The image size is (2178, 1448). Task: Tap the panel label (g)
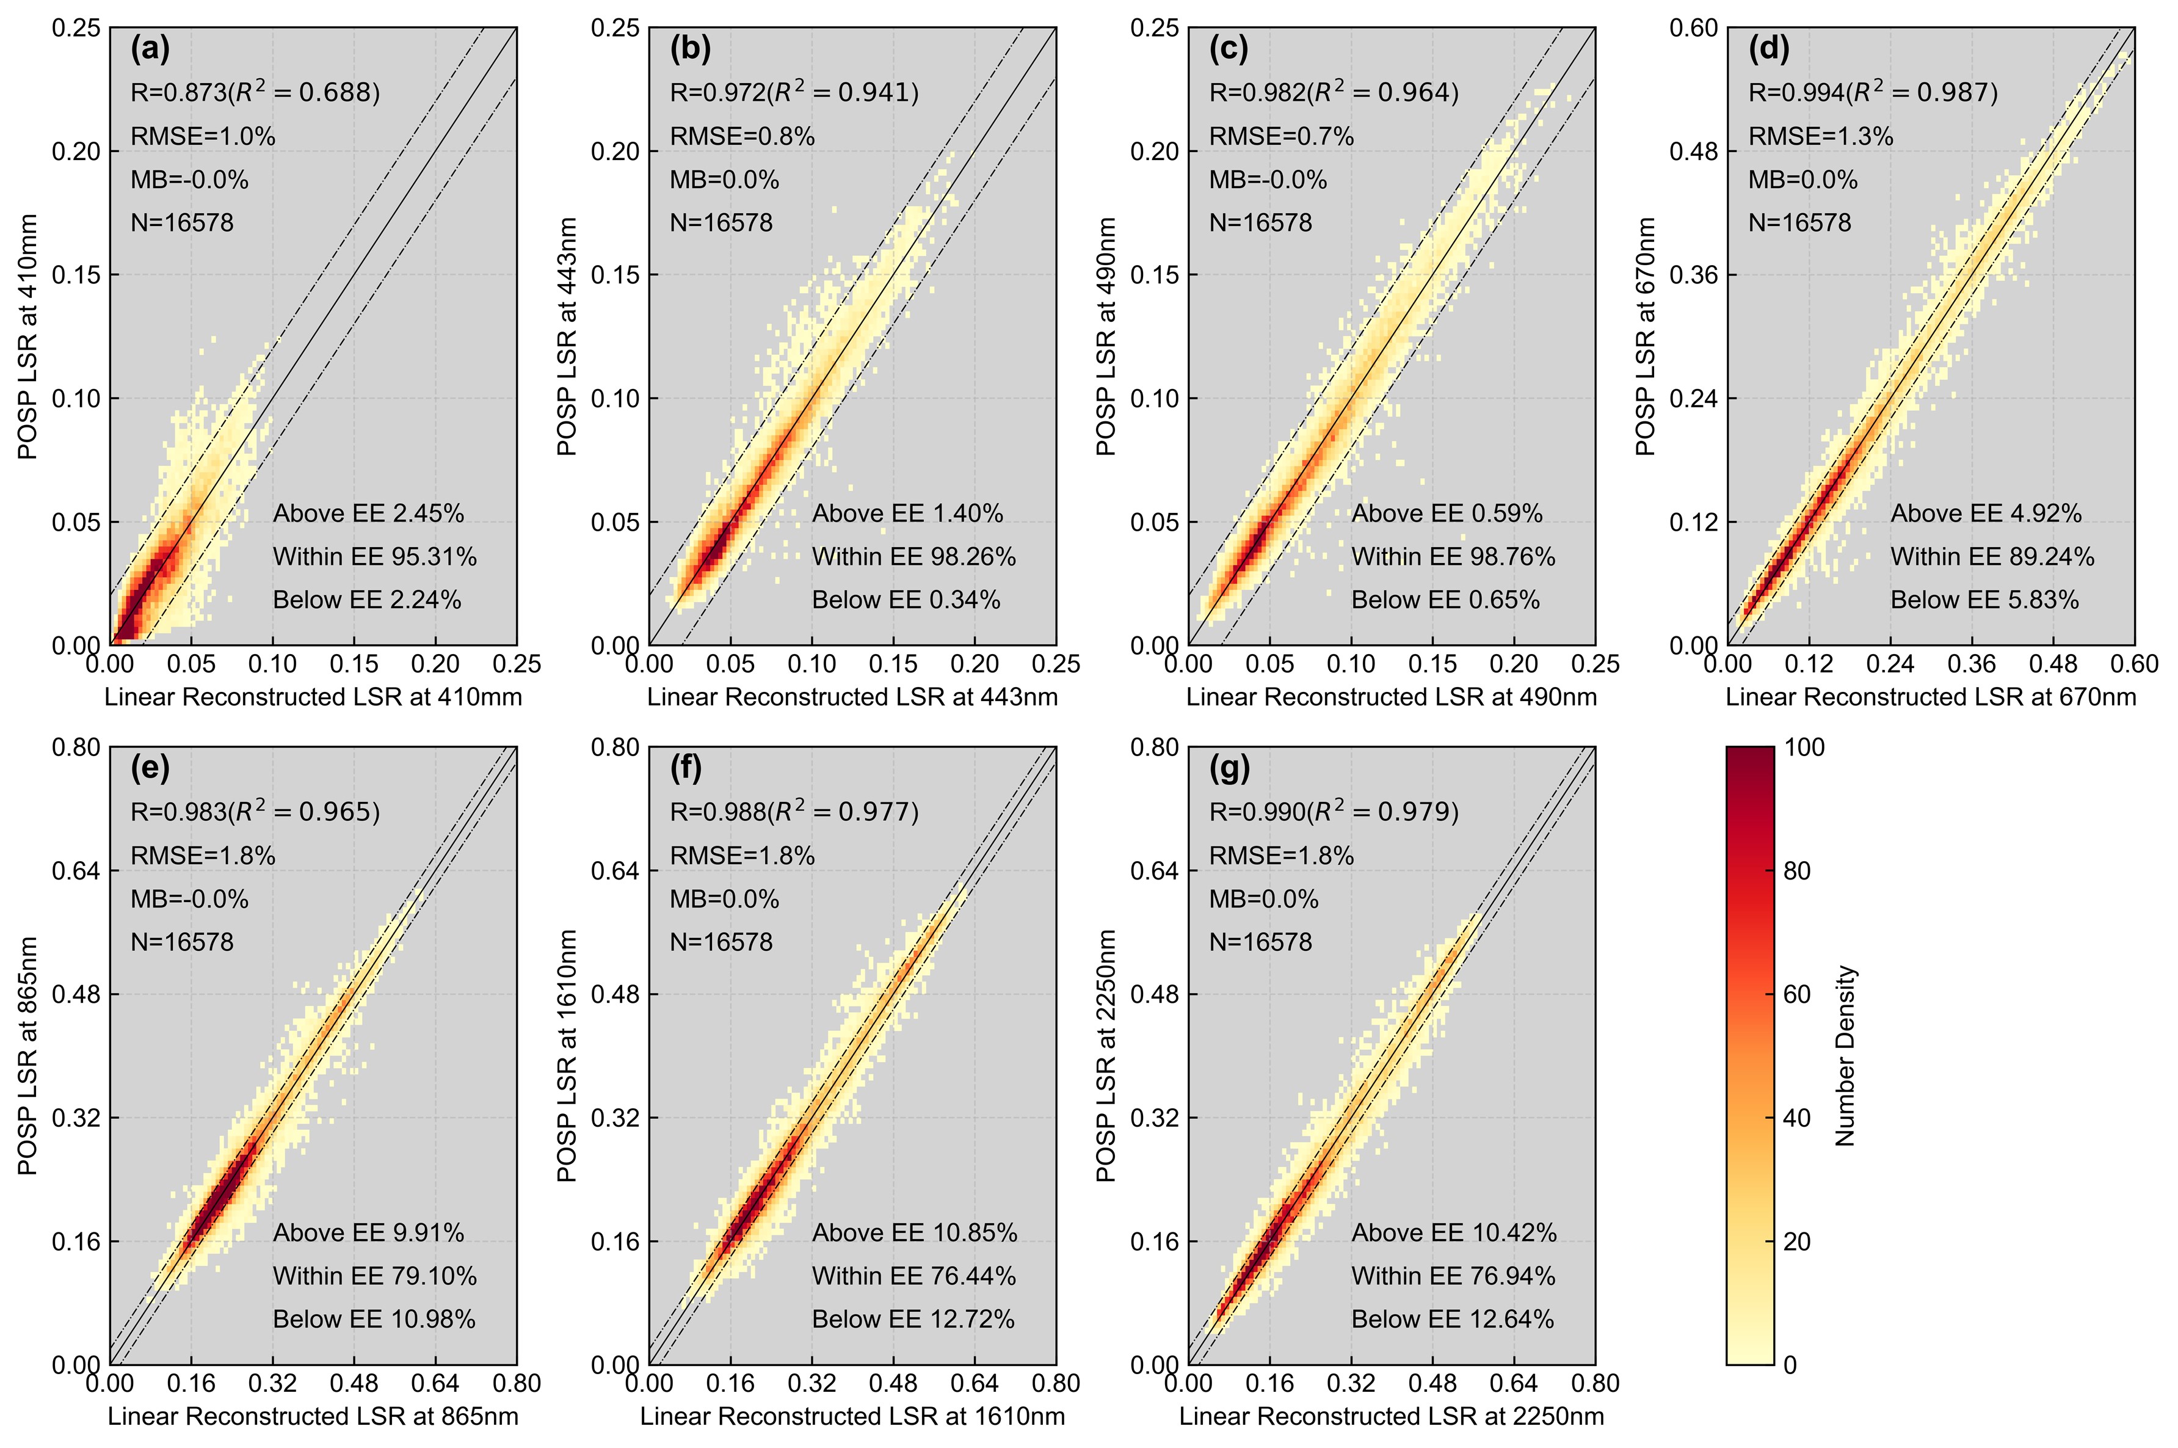tap(1229, 768)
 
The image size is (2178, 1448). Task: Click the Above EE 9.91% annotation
tap(368, 1233)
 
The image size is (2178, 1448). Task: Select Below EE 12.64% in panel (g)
tap(1453, 1320)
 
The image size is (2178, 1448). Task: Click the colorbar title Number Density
tap(1846, 1055)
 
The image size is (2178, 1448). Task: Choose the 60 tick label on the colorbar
tap(1797, 995)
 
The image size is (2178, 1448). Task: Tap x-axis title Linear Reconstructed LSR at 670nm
tap(1931, 697)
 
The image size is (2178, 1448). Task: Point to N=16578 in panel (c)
tap(1260, 222)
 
